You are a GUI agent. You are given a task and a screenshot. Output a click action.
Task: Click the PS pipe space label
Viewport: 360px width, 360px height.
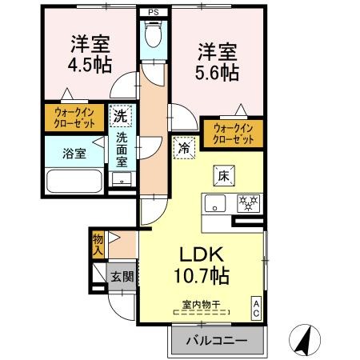154,12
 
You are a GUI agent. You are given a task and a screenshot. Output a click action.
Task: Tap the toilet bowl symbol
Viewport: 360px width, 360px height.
154,34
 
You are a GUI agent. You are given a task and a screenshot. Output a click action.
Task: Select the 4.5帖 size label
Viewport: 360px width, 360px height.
90,66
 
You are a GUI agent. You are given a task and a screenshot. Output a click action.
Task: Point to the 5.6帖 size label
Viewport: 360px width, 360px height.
217,73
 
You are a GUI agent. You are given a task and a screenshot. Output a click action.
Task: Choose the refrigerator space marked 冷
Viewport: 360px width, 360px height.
184,148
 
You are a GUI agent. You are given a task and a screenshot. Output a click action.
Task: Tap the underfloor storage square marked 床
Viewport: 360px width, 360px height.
224,176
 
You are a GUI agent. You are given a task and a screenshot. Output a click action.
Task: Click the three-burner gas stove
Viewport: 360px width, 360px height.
248,203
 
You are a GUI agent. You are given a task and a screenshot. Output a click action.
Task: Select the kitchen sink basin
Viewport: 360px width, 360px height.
215,203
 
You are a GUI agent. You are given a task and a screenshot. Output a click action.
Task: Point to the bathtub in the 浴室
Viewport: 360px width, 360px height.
74,181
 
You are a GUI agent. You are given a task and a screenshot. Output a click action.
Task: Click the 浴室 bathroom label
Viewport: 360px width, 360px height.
74,154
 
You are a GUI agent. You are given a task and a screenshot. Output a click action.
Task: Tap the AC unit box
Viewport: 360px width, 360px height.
256,308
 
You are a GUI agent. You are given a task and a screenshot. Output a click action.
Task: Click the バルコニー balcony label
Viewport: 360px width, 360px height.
217,341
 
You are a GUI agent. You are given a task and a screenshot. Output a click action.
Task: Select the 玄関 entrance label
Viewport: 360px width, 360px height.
122,277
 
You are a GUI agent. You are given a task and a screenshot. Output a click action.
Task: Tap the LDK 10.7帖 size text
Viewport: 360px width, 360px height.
202,265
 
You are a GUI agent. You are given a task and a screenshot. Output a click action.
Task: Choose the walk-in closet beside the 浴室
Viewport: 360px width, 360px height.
74,118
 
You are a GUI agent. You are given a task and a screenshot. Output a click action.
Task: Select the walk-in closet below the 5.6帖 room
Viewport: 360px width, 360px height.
234,134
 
